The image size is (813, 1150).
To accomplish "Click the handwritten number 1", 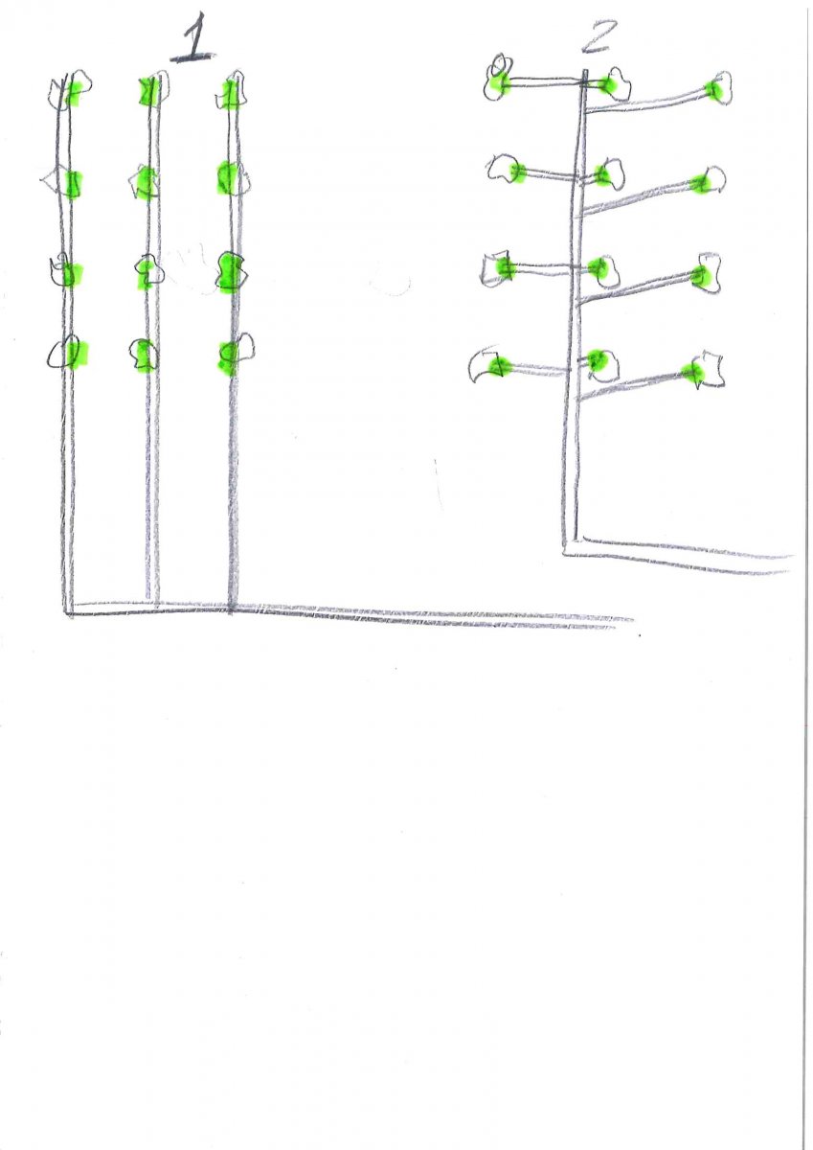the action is click(x=193, y=37).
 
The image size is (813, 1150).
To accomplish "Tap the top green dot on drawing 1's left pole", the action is click(x=75, y=95).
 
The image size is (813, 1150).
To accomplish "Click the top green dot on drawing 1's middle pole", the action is click(x=147, y=91).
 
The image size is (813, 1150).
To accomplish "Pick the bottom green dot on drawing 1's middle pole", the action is click(x=147, y=355).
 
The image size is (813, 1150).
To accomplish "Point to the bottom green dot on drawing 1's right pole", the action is click(x=229, y=356).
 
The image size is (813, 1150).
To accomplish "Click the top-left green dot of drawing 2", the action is click(x=499, y=83).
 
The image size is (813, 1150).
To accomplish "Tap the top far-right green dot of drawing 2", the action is click(x=714, y=90).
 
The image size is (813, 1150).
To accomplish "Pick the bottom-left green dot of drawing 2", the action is click(x=497, y=365).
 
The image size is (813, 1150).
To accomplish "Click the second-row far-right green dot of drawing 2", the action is click(x=700, y=184).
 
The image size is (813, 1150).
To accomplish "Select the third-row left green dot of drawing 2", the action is click(x=506, y=267).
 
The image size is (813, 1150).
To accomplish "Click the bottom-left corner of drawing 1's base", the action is click(x=67, y=613).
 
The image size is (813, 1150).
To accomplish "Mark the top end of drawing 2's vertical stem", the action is click(x=584, y=72).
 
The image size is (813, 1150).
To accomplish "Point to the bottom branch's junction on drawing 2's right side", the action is click(x=578, y=398).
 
